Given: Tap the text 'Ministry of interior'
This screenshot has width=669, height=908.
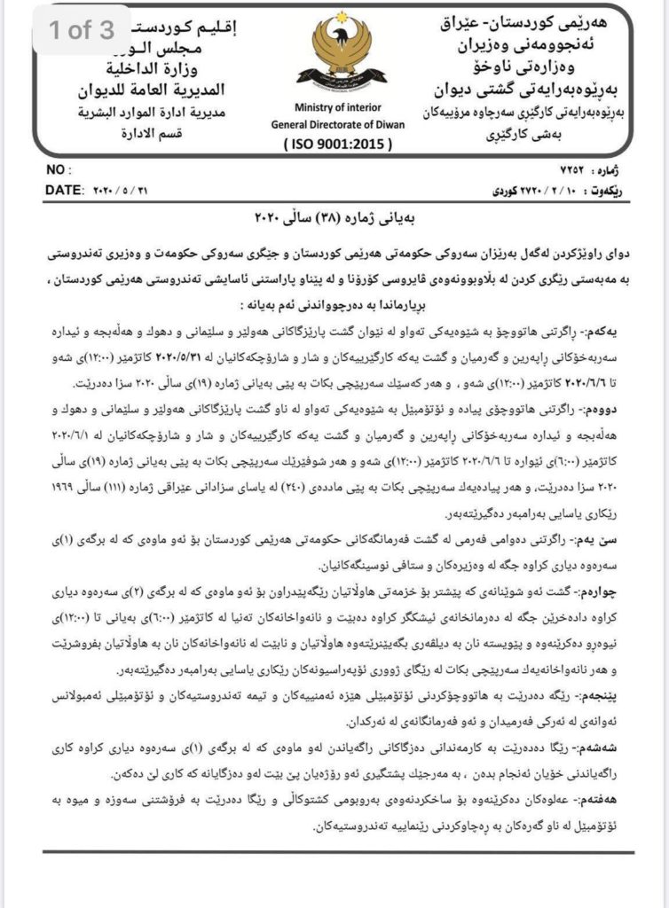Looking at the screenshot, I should tap(337, 108).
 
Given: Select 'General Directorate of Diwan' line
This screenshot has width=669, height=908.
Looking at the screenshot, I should tap(337, 124).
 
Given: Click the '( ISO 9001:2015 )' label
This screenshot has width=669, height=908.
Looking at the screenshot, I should tap(336, 142).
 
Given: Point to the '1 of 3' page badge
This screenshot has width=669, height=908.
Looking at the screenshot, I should tap(82, 30).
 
